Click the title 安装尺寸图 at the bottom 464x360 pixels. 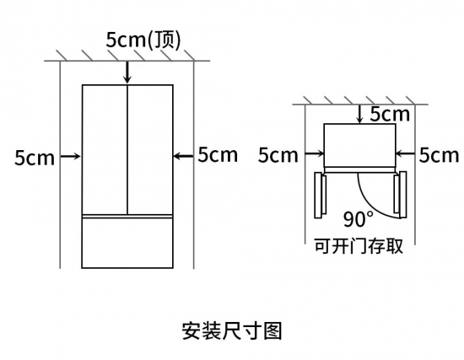click(232, 330)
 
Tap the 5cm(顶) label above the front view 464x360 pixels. click(143, 40)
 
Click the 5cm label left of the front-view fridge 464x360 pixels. click(35, 158)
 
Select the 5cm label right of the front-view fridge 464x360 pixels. click(218, 155)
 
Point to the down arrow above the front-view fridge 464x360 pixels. click(127, 73)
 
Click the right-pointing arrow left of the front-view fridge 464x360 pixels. click(71, 156)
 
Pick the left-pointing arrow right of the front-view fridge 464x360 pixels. click(183, 156)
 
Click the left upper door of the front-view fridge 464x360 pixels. click(105, 150)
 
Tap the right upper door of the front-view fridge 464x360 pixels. click(150, 150)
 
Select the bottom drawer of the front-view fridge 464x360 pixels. click(127, 243)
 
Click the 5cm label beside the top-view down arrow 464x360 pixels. click(390, 114)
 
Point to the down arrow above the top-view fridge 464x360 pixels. click(360, 114)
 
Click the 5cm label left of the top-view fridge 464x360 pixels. click(278, 155)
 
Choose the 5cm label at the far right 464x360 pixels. click(439, 155)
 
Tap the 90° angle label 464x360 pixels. click(359, 219)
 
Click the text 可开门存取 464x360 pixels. click(359, 246)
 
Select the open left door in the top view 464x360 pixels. click(321, 196)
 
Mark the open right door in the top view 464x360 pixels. click(400, 195)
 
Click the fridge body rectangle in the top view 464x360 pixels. click(359, 146)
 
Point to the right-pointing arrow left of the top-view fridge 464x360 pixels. click(315, 153)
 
